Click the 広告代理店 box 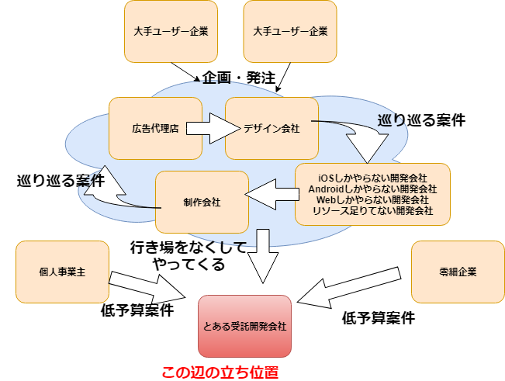(155, 128)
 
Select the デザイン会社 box (272, 128)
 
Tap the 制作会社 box (202, 202)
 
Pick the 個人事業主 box (62, 272)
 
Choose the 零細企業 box (457, 272)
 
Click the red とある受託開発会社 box (245, 327)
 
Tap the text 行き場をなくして (189, 248)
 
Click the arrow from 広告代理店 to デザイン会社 (208, 127)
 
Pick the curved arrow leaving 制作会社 (109, 194)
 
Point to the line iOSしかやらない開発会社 (372, 178)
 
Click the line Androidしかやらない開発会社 (372, 189)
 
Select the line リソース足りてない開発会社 (372, 210)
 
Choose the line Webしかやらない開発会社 (372, 199)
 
